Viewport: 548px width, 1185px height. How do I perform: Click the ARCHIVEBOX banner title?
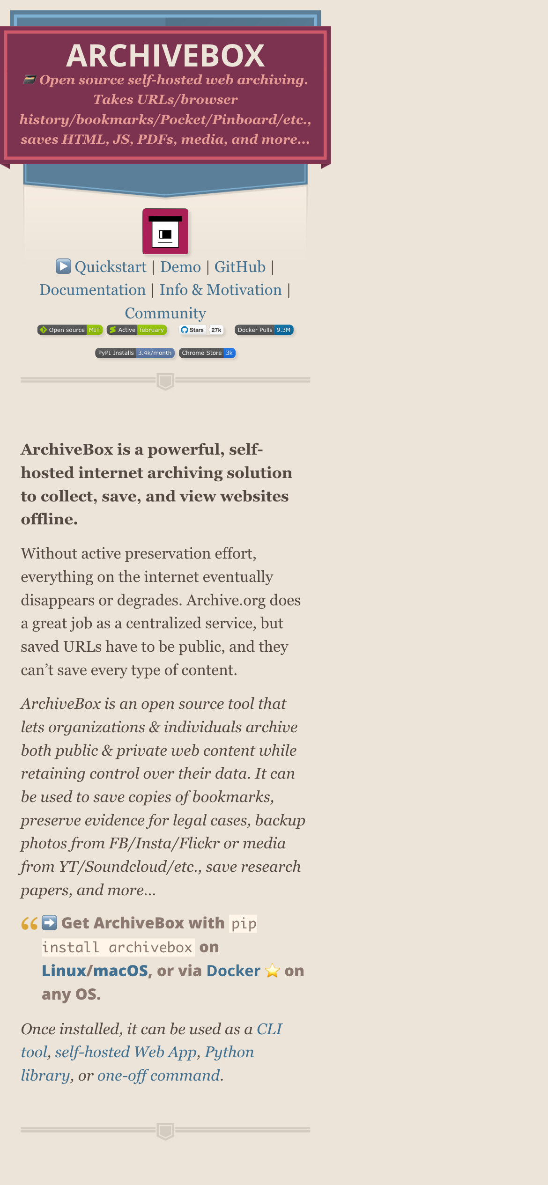pos(165,56)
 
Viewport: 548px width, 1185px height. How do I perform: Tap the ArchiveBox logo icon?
pos(165,231)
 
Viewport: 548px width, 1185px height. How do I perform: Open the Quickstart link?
pos(110,267)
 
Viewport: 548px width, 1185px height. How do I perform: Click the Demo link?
pos(180,267)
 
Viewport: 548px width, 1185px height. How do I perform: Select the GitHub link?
pos(240,267)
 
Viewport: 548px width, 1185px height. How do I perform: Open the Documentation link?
pos(93,290)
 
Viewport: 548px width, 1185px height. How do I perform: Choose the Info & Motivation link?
pos(221,290)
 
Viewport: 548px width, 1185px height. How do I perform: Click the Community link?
pos(165,313)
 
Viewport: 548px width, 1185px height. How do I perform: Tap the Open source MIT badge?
pos(70,330)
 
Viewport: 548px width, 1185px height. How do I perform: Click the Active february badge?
pos(137,330)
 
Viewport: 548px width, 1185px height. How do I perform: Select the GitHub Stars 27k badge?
pos(201,330)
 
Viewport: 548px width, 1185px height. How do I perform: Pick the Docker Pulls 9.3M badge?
pos(264,330)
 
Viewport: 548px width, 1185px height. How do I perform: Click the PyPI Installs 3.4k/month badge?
pos(135,353)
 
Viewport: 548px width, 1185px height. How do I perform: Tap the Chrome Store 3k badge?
pos(207,353)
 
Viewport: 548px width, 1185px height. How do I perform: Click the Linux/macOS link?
pos(95,971)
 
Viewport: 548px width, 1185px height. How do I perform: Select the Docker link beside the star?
pos(233,971)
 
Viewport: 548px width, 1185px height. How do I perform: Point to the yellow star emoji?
pos(272,971)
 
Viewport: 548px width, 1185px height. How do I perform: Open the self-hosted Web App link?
pos(126,1052)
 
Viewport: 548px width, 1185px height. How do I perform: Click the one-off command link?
pos(159,1075)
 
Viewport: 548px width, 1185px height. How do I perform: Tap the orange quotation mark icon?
pos(30,924)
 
